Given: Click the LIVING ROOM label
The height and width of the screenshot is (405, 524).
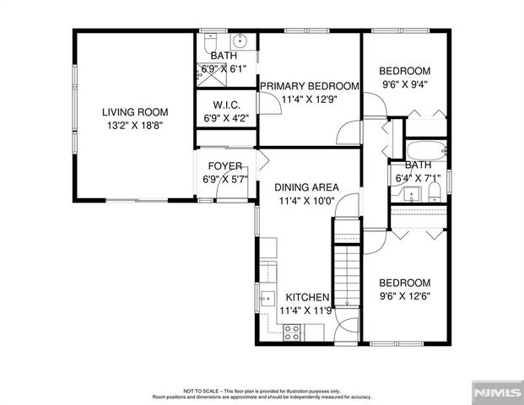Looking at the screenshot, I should (x=135, y=111).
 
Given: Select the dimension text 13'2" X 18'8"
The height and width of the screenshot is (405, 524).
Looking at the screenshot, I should (x=135, y=124).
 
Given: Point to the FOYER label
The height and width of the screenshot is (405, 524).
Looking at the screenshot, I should (x=224, y=166).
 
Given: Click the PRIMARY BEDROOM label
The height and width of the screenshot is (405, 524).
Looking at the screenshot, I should (x=310, y=86).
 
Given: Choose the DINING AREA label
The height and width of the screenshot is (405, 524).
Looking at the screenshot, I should (x=308, y=187).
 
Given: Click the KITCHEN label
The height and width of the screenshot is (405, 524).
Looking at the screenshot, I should (x=307, y=298).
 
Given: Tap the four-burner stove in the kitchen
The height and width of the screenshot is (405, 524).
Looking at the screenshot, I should (x=293, y=332).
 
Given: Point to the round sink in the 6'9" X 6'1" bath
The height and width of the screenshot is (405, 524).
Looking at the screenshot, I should (x=240, y=40).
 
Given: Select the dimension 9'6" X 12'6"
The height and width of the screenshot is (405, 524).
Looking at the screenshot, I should (x=404, y=295).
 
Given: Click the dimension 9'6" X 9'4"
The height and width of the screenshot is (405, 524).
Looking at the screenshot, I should (x=404, y=84).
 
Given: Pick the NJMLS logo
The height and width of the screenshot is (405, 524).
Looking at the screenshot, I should (x=495, y=391).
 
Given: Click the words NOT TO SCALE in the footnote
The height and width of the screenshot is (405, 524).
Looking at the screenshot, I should (x=202, y=391).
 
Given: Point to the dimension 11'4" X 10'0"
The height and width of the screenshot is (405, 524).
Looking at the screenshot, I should (x=308, y=201).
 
